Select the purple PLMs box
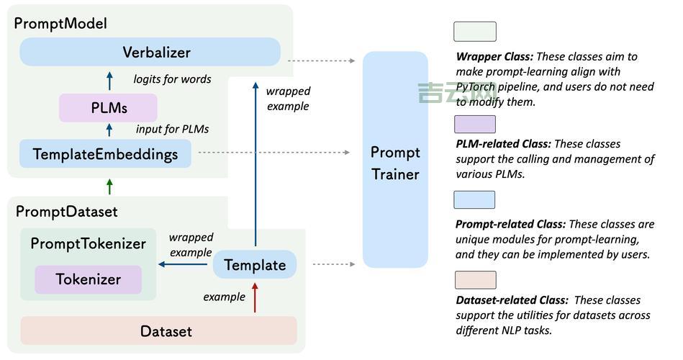click(108, 108)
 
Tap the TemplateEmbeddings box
click(105, 154)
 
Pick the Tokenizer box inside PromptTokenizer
click(88, 279)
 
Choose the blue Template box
click(255, 265)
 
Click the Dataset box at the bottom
click(158, 331)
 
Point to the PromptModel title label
click(61, 23)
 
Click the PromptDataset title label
click(66, 212)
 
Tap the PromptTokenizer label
click(88, 243)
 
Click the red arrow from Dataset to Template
click(255, 298)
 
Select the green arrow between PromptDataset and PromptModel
click(109, 186)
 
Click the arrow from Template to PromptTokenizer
click(185, 264)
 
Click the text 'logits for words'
click(172, 79)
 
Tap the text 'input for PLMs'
click(172, 129)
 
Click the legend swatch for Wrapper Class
click(474, 32)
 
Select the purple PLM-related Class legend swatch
click(474, 124)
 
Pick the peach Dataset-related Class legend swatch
click(474, 280)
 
